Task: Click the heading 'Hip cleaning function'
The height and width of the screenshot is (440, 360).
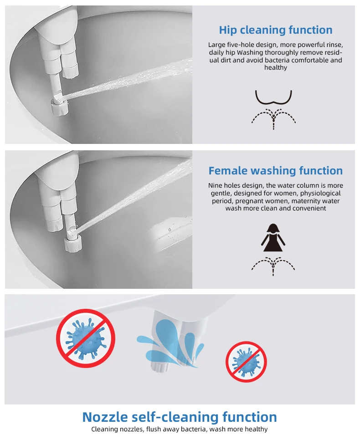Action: point(276,30)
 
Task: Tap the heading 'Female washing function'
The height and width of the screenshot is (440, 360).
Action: point(276,171)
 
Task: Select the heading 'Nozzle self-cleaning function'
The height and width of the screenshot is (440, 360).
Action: point(180,417)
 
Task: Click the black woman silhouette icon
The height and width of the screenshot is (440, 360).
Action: point(273,238)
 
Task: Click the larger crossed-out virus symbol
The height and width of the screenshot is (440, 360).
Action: point(86,338)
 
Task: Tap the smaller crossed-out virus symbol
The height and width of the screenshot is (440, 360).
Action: point(246,362)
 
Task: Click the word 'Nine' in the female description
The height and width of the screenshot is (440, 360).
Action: point(215,185)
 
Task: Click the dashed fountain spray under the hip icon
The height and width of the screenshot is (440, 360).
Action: point(273,119)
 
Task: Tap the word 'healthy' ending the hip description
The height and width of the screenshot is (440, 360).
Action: point(276,67)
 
